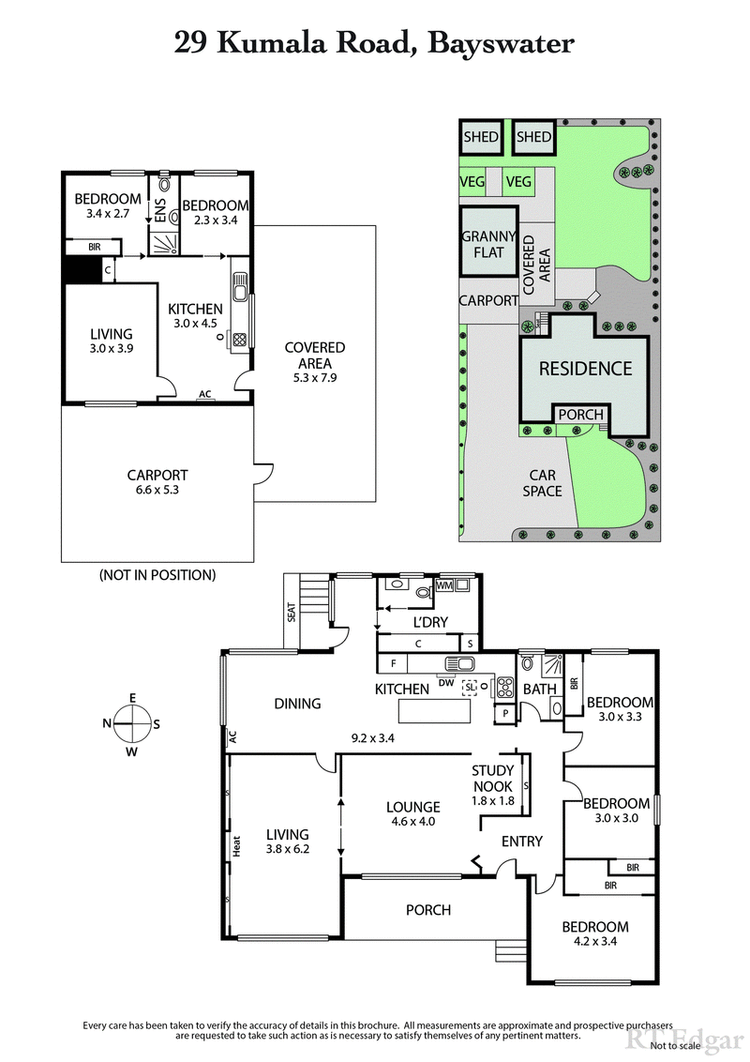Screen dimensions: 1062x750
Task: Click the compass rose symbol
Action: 132,722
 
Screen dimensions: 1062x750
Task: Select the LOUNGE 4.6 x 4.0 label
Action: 412,813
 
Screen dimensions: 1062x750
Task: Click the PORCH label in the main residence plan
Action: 427,909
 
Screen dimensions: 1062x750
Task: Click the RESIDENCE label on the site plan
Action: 585,368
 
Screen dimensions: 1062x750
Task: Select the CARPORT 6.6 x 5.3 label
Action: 157,482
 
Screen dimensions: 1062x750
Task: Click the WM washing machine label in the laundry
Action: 444,585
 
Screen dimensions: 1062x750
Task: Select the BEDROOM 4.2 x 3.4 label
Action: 595,933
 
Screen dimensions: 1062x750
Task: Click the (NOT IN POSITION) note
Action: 157,574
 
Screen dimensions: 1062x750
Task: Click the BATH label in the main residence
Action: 540,689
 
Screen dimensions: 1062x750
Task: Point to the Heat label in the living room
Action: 238,846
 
